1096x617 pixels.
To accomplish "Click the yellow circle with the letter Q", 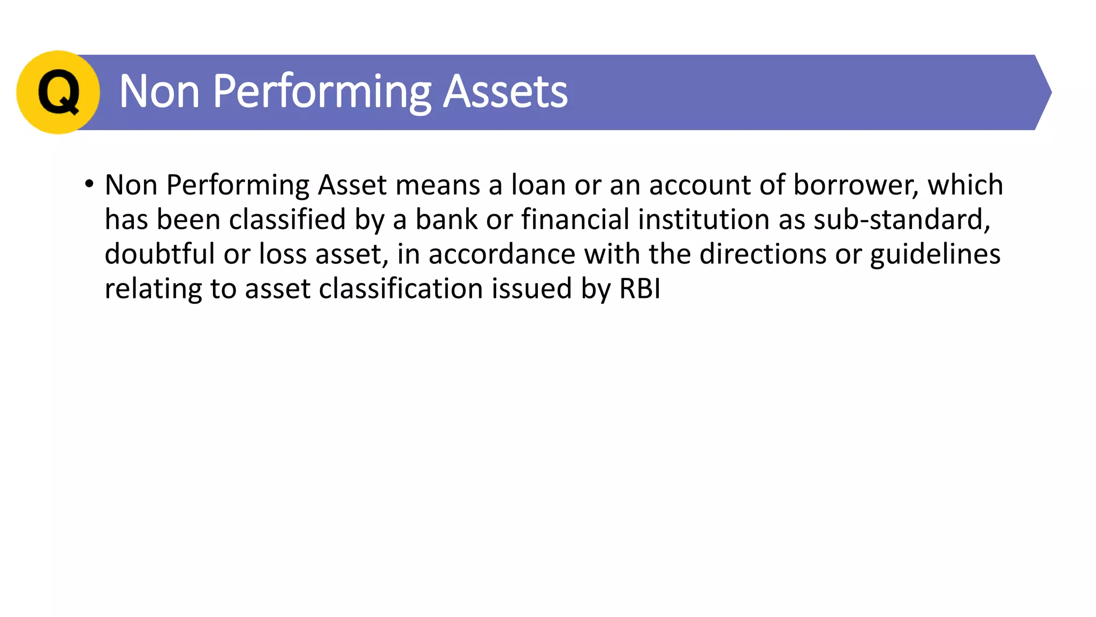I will (x=58, y=92).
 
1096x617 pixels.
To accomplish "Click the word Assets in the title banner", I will (x=505, y=92).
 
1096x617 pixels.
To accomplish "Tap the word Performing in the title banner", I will (x=322, y=92).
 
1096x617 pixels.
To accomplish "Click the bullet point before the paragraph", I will (x=89, y=184).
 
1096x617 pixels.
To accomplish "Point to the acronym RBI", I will (x=640, y=289).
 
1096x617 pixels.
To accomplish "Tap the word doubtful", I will (x=159, y=254).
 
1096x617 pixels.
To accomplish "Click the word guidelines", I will (x=935, y=254).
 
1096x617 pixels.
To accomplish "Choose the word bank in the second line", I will (x=446, y=220).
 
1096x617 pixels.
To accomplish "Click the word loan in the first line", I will (x=538, y=185).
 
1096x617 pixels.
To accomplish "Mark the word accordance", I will (x=501, y=254).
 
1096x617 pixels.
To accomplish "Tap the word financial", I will (x=575, y=220).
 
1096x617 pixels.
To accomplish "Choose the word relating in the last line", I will (x=153, y=289).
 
